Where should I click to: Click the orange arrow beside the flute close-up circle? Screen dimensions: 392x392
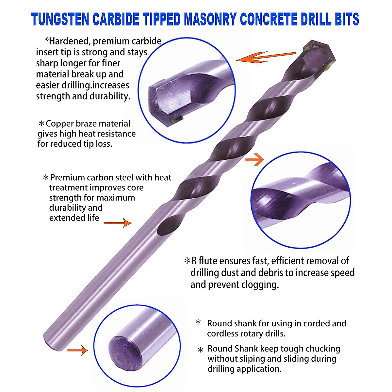pyautogui.click(x=254, y=160)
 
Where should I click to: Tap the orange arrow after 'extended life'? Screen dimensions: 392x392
pyautogui.click(x=118, y=223)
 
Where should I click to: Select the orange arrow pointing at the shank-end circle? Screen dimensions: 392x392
pyautogui.click(x=77, y=351)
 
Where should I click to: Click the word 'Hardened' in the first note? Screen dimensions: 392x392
pyautogui.click(x=69, y=41)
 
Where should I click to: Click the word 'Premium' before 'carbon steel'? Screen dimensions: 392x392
pyautogui.click(x=68, y=178)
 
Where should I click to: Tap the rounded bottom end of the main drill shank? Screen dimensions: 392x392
pyautogui.click(x=49, y=340)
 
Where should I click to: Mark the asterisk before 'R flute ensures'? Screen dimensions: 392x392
pyautogui.click(x=187, y=261)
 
